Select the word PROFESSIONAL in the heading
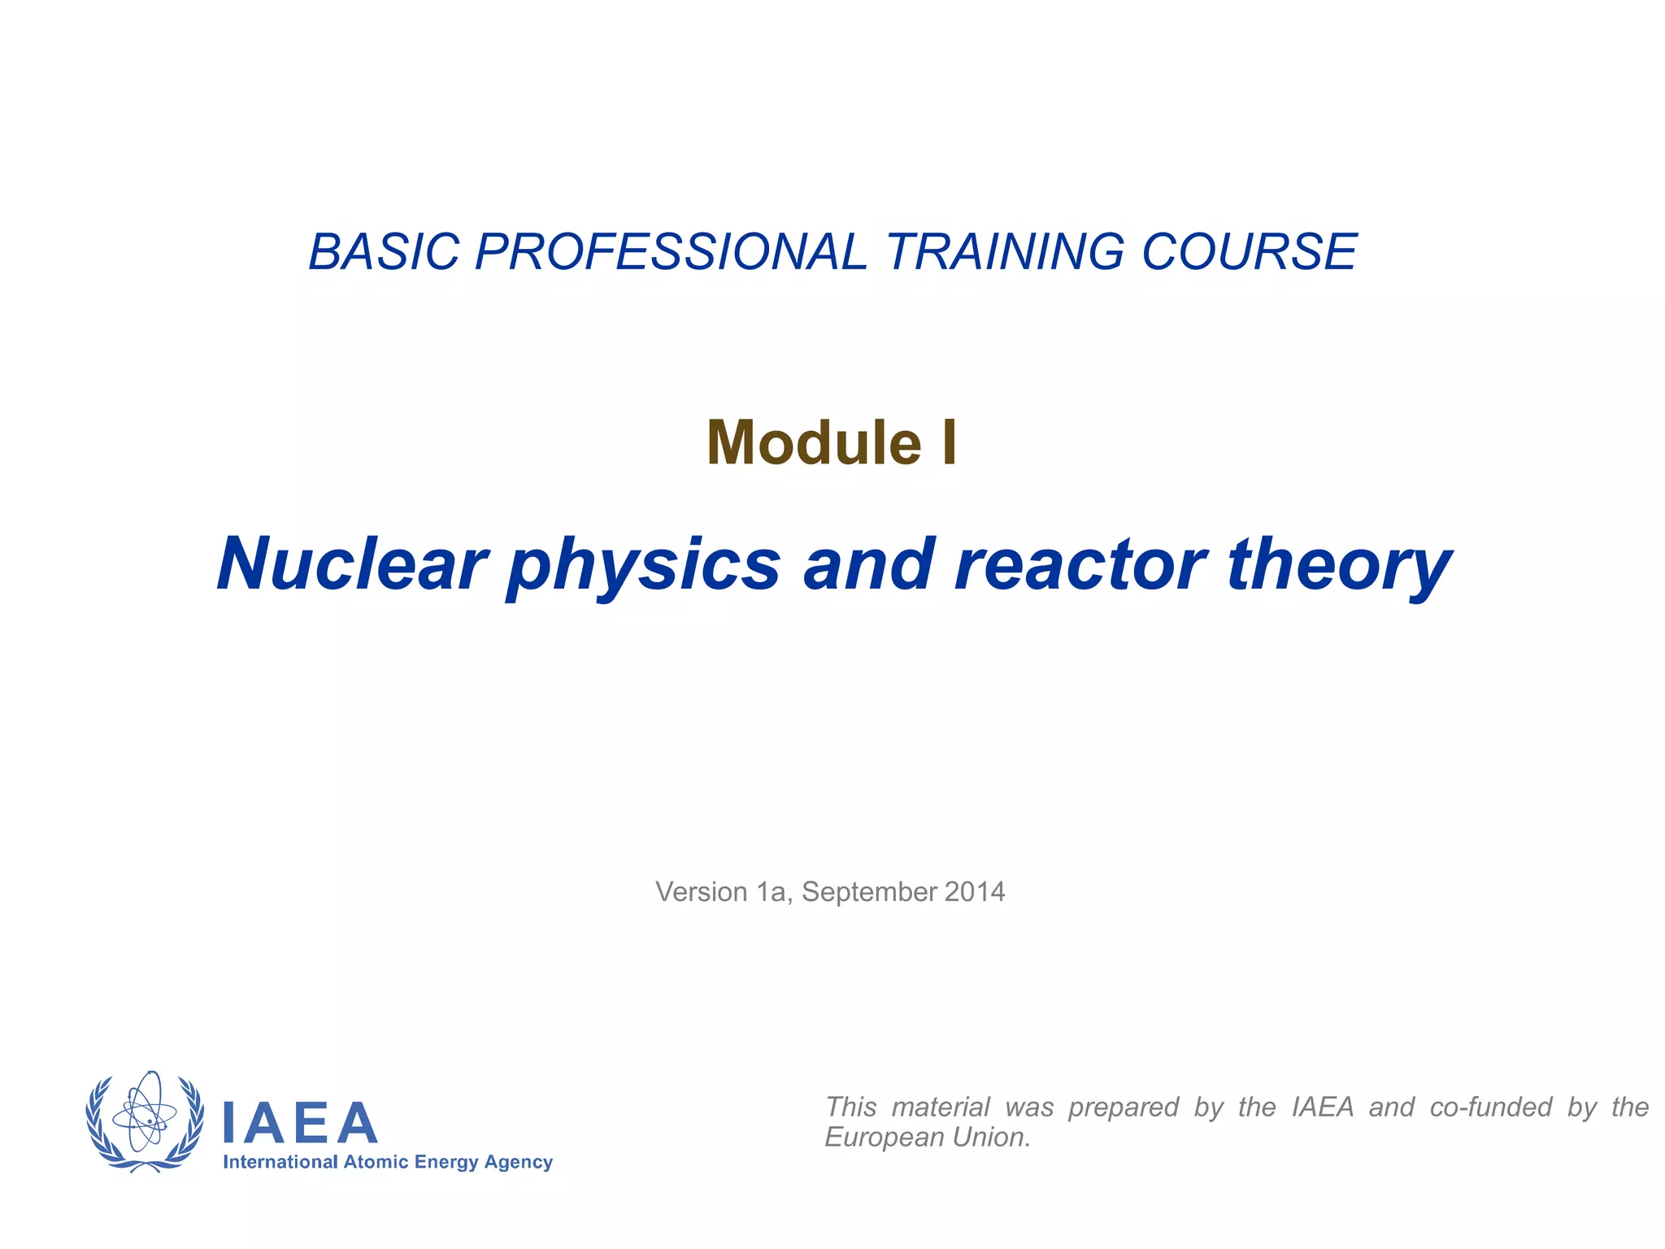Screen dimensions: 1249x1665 point(671,251)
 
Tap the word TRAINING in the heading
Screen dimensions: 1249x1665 point(1005,251)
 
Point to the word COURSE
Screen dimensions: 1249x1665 point(1250,251)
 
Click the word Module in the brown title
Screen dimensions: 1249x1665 point(814,443)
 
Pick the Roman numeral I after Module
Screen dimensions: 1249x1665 point(949,443)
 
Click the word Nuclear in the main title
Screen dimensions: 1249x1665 point(352,564)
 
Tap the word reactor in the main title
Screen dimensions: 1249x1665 point(1080,564)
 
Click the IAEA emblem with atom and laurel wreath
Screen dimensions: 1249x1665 point(145,1122)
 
